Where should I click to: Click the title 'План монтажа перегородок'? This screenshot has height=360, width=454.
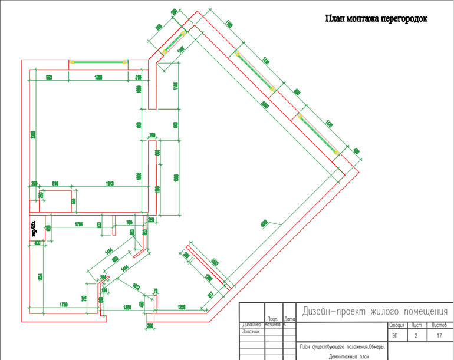point(376,19)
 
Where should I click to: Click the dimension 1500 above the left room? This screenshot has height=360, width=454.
point(99,77)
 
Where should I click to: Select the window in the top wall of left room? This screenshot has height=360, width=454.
point(98,61)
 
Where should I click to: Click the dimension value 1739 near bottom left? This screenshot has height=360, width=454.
point(65,303)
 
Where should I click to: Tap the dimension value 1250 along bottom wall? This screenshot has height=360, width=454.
point(182,308)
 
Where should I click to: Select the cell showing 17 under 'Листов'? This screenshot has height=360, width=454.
point(439,336)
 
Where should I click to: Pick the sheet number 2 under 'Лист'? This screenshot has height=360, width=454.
point(416,336)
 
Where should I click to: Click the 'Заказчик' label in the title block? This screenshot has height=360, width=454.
point(252,332)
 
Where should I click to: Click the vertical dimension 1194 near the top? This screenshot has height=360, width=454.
point(175,87)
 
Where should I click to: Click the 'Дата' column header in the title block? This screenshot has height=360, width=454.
point(289,319)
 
